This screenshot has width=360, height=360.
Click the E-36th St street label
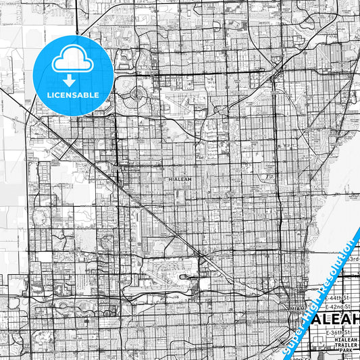tap(342, 333)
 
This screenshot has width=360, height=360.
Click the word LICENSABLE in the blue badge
tap(73, 95)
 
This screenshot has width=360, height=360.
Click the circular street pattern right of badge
tap(138, 95)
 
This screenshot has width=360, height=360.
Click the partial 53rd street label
tap(353, 259)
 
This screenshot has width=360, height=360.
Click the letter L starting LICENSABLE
tap(48, 95)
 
